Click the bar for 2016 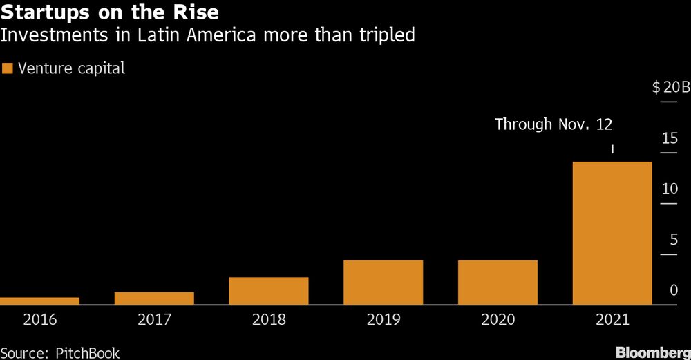pos(39,301)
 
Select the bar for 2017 pos(154,298)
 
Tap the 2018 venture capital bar pos(269,290)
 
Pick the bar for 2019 pos(383,282)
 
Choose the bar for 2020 pos(498,282)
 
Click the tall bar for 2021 pos(612,233)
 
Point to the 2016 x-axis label pos(39,320)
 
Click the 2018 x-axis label pos(269,320)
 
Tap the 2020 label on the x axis pos(498,320)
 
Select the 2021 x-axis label pos(612,320)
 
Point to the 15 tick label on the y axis pos(670,138)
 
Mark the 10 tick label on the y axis pos(670,189)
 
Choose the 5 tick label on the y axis pos(673,240)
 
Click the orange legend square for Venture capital pos(8,68)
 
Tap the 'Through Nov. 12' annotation pos(553,124)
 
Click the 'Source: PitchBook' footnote pos(60,353)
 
